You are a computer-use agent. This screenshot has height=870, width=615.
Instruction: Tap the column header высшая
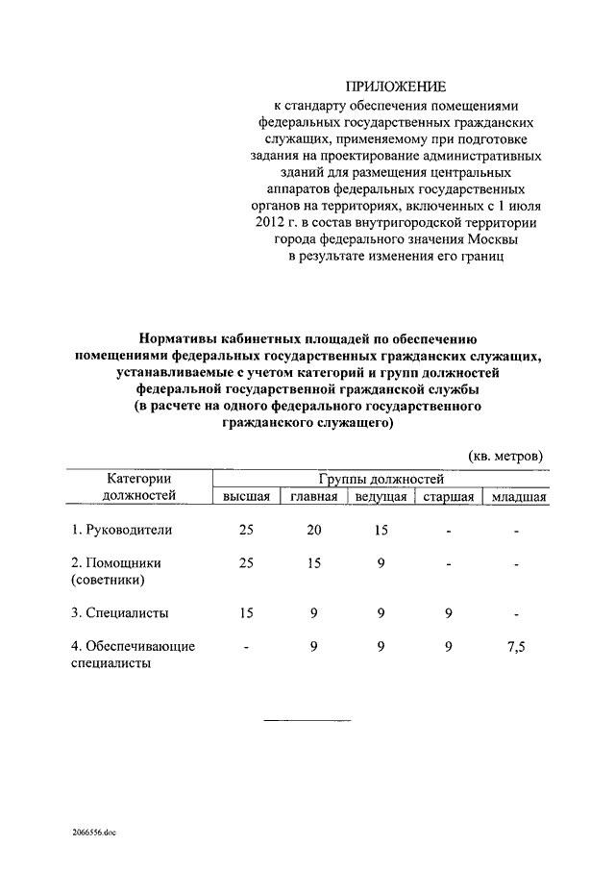coord(246,496)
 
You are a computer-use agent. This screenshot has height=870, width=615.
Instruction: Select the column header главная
coord(314,496)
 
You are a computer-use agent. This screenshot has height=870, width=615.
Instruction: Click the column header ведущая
coord(381,496)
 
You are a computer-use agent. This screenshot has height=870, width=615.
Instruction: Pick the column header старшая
coord(449,496)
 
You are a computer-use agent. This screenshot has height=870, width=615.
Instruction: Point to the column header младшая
coord(517,496)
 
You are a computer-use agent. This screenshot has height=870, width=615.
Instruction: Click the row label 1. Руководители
coord(121,530)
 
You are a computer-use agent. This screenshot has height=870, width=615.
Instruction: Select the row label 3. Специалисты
coord(119,611)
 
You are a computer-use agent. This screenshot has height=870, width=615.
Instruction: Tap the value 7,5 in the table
coord(516,647)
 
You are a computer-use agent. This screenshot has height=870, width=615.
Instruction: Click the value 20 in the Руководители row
coord(313,530)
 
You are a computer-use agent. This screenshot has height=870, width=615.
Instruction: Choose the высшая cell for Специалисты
coord(246,611)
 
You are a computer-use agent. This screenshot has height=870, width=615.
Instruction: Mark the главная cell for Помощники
coord(313,563)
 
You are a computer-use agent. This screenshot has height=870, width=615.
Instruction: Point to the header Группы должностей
coord(381,478)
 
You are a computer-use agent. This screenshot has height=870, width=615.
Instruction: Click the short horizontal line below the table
coord(307,720)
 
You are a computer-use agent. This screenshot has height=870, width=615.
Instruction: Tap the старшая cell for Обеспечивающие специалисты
coord(449,647)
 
